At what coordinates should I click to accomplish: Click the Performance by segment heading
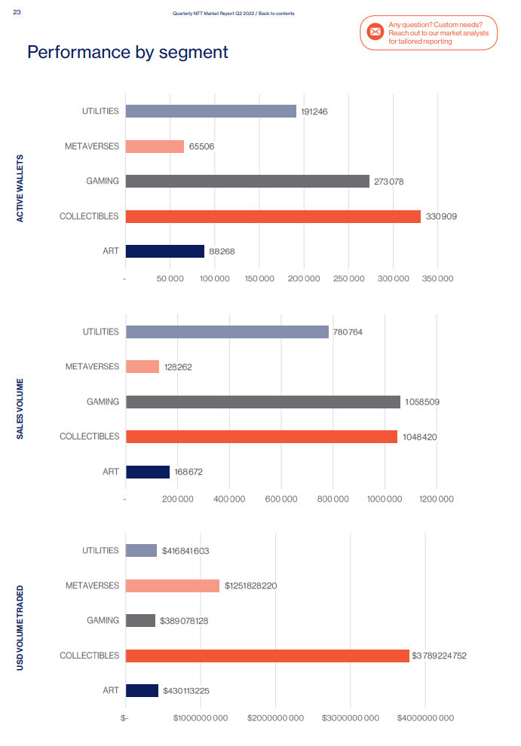click(x=127, y=52)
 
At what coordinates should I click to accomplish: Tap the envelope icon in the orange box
click(x=375, y=32)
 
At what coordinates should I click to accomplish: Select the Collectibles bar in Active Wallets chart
click(x=273, y=216)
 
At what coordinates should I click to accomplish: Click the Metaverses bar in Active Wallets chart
click(x=155, y=146)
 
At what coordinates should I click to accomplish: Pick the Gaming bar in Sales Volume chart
click(x=263, y=402)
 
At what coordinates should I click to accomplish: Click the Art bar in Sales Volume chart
click(x=148, y=472)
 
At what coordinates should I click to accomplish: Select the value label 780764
click(x=349, y=332)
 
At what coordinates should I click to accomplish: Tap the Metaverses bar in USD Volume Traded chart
click(x=173, y=585)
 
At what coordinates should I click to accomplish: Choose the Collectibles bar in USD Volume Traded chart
click(x=267, y=656)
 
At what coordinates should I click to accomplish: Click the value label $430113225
click(x=186, y=691)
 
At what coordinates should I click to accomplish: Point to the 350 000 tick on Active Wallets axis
click(x=437, y=279)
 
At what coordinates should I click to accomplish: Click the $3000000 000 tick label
click(x=351, y=718)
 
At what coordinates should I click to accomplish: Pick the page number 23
click(x=17, y=12)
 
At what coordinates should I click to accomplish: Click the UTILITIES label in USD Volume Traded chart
click(x=100, y=551)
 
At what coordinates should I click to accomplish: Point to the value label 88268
click(x=222, y=252)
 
